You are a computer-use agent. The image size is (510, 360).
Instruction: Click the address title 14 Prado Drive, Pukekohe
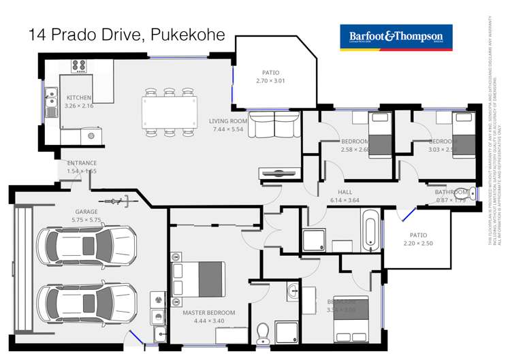(x=127, y=35)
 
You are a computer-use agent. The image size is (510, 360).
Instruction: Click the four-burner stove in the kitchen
(x=79, y=66)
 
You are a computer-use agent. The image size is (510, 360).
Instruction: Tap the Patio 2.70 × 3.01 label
(x=270, y=77)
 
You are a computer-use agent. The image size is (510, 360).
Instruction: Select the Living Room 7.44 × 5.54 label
(x=228, y=125)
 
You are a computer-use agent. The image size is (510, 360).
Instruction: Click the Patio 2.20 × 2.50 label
(x=418, y=239)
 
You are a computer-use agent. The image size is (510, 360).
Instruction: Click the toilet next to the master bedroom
(x=262, y=333)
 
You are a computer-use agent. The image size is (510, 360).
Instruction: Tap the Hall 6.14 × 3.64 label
(x=344, y=196)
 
